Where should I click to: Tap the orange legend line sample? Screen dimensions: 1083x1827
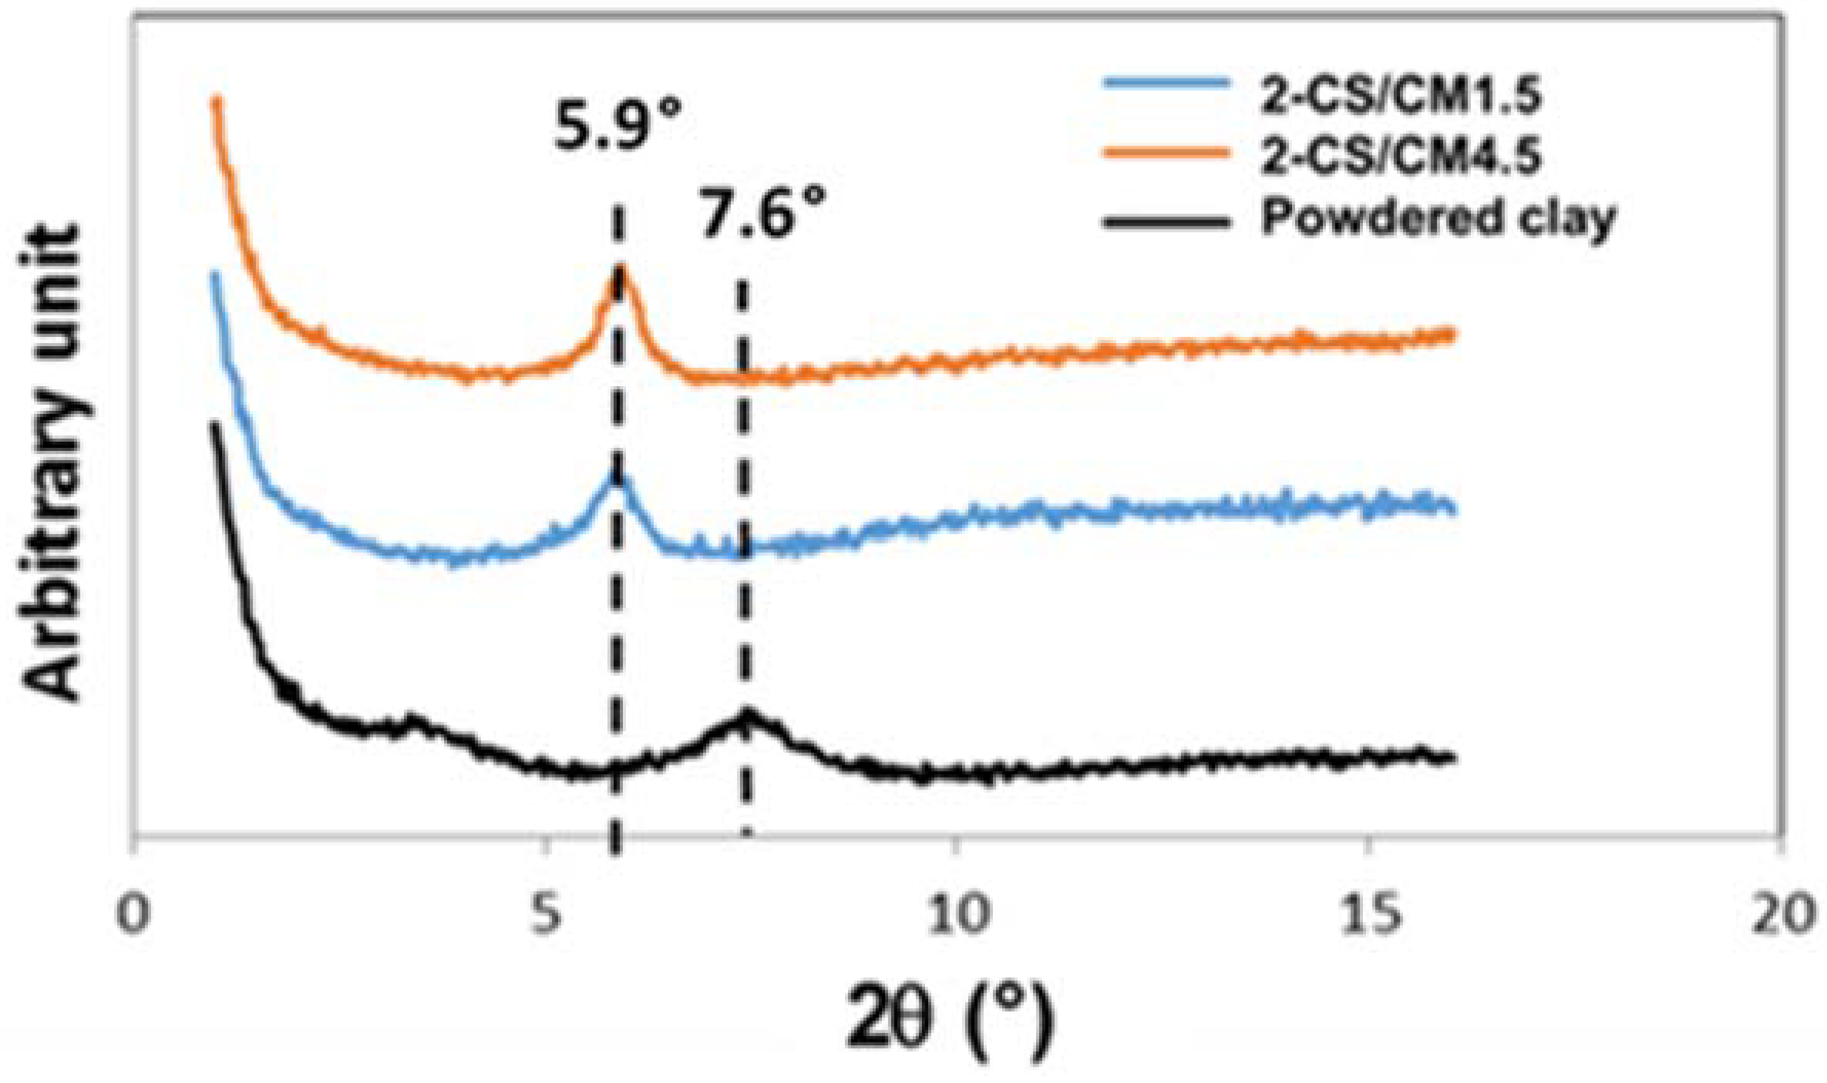pos(1165,152)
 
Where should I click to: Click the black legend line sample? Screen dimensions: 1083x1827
pos(1165,222)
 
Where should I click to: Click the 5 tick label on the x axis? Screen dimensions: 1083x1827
pos(546,917)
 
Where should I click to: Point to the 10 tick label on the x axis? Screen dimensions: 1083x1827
pos(955,917)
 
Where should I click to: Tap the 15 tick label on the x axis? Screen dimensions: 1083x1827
pos(1367,917)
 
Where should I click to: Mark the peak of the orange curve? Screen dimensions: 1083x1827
pos(621,270)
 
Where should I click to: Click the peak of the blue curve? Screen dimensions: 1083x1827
pos(617,478)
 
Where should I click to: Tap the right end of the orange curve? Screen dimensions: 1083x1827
pos(1451,334)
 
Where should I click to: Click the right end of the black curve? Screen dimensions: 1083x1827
pos(1452,758)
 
